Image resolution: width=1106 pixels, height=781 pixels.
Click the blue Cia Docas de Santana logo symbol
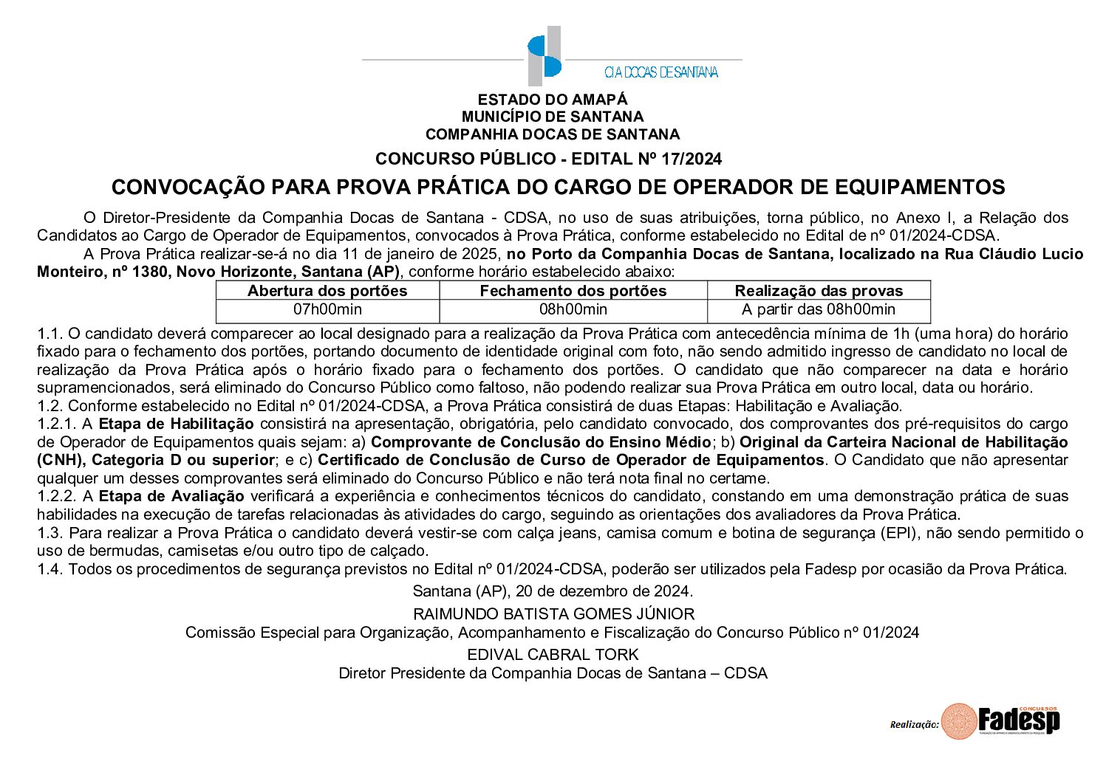(545, 56)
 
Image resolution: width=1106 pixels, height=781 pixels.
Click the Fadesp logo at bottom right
(1002, 720)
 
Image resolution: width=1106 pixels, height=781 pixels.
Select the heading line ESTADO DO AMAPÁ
(552, 100)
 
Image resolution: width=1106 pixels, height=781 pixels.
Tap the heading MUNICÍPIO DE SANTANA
(552, 117)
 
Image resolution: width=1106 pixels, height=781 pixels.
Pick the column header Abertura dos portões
(327, 291)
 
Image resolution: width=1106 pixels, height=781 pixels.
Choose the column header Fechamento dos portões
(573, 291)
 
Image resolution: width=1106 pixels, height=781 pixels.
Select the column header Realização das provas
(819, 291)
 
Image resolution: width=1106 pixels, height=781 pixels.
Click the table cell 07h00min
(327, 310)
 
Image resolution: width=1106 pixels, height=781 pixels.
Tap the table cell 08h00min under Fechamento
(573, 310)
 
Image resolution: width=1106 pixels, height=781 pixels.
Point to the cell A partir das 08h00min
(819, 310)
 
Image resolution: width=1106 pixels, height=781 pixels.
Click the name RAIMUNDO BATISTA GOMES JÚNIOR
(553, 614)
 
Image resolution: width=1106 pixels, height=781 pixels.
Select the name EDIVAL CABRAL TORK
(553, 655)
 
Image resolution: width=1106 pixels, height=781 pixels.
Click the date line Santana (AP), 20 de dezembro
(553, 591)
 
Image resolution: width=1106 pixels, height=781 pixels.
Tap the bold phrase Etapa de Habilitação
(176, 424)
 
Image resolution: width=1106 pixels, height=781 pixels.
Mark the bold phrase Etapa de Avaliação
(171, 496)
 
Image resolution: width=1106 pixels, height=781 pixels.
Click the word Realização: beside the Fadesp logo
(914, 725)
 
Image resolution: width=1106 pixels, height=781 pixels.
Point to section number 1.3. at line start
(50, 533)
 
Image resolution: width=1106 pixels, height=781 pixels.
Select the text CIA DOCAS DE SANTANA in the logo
(660, 72)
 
